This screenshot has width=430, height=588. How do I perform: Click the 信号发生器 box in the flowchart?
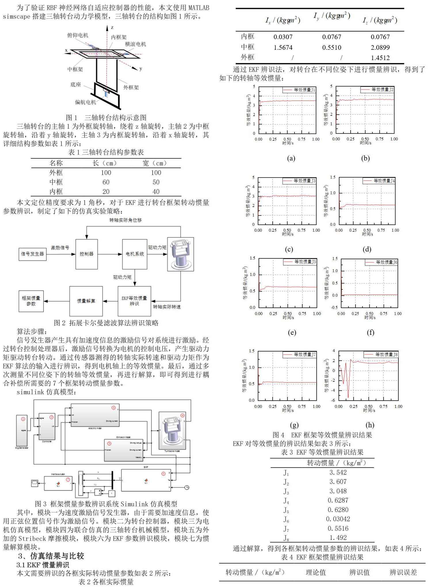point(33,254)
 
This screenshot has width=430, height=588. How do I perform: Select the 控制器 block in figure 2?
point(87,254)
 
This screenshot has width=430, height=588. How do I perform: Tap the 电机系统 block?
point(135,254)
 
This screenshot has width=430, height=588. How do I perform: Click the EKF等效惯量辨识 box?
point(134,301)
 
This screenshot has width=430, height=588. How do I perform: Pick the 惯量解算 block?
point(86,301)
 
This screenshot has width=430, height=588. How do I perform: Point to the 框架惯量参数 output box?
point(31,301)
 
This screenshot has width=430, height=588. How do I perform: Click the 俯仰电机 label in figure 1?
point(78,35)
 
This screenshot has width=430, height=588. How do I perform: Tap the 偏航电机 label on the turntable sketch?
point(85,102)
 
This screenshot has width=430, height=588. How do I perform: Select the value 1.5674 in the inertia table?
point(283,48)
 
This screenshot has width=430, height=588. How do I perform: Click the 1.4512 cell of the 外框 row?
point(380,58)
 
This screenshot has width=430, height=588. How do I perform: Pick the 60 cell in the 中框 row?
point(106,182)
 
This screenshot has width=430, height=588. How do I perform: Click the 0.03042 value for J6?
point(338,519)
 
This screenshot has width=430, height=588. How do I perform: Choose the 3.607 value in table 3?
point(338,482)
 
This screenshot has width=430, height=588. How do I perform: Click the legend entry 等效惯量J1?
point(300,90)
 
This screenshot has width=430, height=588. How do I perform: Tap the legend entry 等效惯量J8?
point(382,355)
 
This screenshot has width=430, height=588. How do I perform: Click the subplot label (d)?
point(367,249)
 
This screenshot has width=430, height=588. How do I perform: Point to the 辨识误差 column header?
point(403,572)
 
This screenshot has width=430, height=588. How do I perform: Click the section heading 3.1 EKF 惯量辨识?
point(43,565)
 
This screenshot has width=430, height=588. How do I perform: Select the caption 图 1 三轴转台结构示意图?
point(106,118)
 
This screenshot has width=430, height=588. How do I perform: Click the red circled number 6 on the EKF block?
point(163,474)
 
